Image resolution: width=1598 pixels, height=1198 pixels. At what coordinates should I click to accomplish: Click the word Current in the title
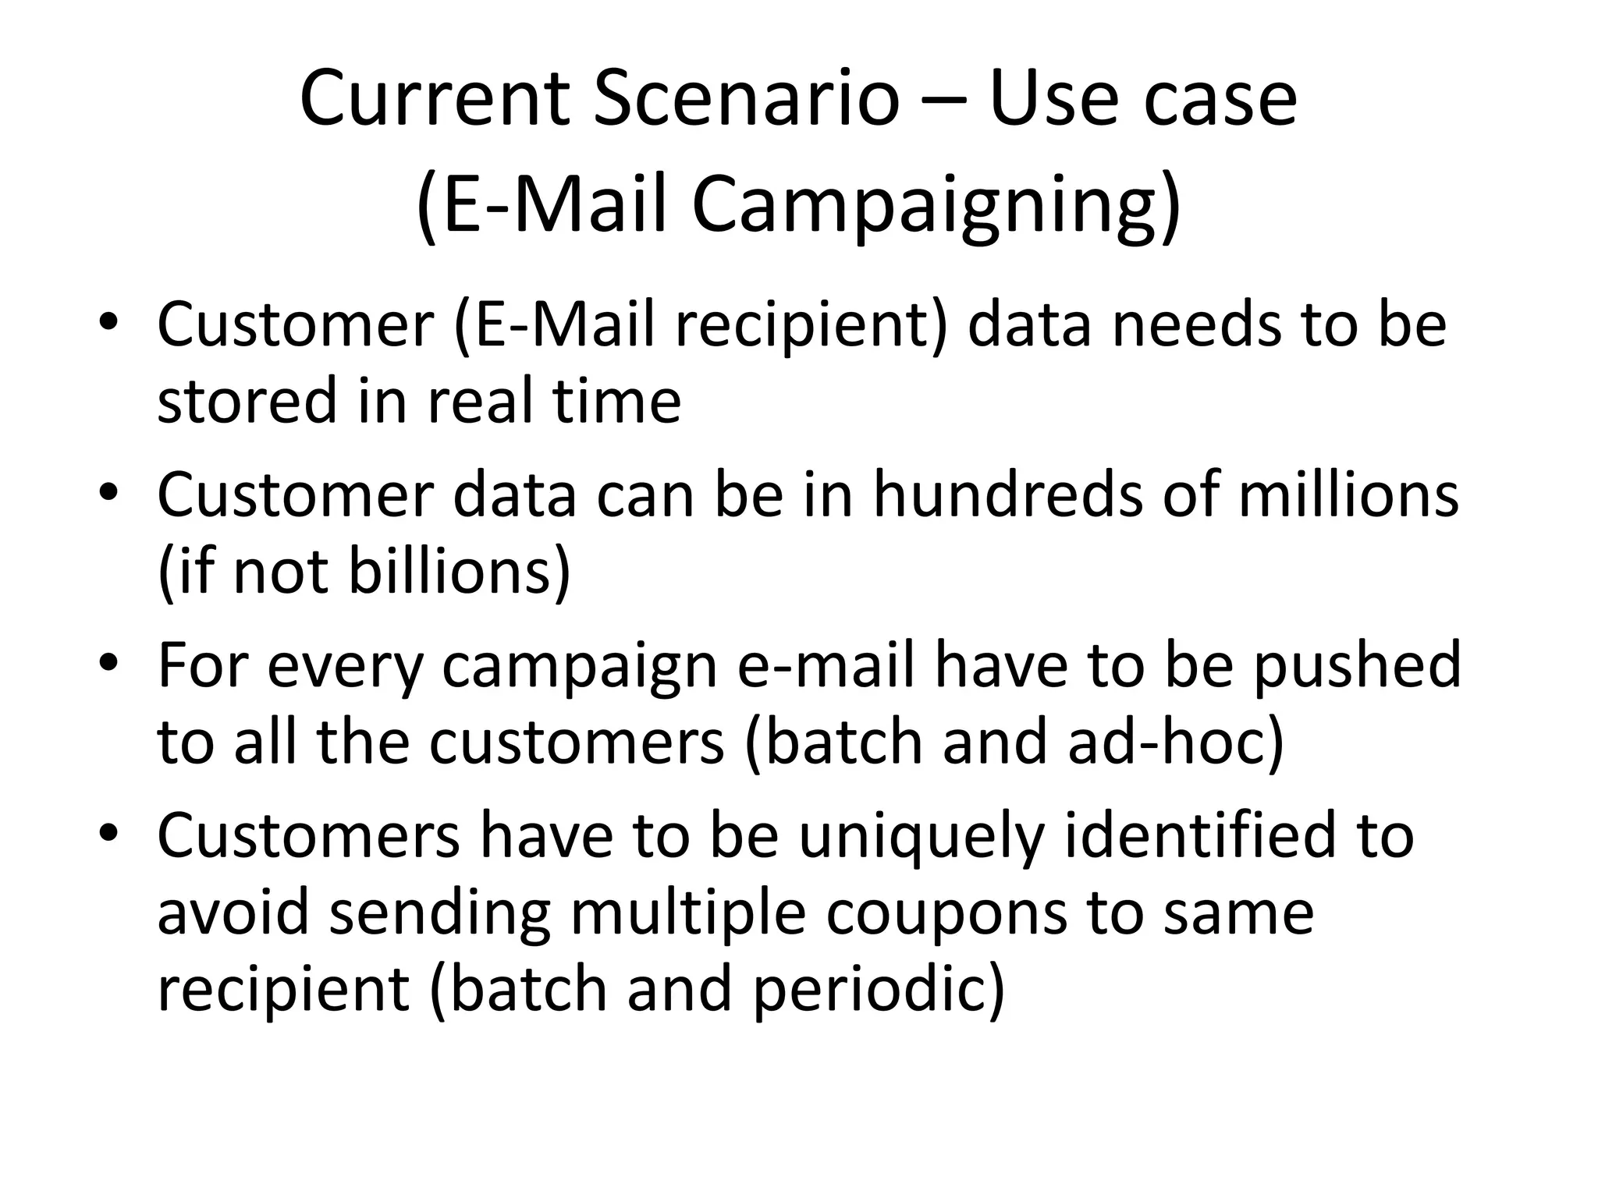click(x=435, y=99)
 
